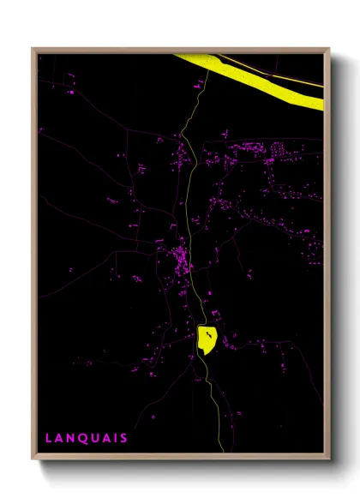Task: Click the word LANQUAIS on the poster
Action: (x=87, y=438)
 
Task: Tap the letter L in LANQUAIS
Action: (x=49, y=438)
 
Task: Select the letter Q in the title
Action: (x=81, y=438)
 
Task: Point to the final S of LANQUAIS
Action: (x=124, y=438)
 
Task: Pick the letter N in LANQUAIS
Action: (x=70, y=438)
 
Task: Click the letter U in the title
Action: (x=93, y=438)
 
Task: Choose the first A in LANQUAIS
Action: (x=59, y=438)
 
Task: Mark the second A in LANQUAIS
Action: (x=105, y=438)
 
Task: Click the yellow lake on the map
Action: (x=207, y=339)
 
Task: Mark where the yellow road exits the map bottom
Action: (x=222, y=450)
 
